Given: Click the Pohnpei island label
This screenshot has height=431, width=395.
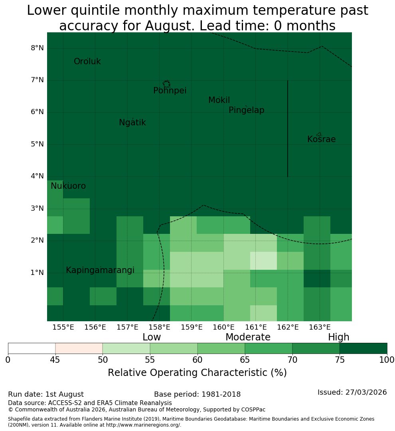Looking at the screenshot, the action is pyautogui.click(x=170, y=91).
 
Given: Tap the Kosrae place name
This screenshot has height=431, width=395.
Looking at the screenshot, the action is pyautogui.click(x=321, y=139).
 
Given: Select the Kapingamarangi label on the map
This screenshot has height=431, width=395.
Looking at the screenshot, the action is pyautogui.click(x=100, y=270).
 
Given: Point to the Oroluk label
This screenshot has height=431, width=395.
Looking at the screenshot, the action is pyautogui.click(x=87, y=61).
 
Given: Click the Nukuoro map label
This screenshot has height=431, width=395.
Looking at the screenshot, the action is pyautogui.click(x=68, y=186).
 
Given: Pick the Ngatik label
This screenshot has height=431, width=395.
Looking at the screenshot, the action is pyautogui.click(x=132, y=123).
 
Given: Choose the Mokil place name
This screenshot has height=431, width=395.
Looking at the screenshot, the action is pyautogui.click(x=219, y=100).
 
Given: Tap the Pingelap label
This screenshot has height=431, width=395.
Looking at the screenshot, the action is pyautogui.click(x=246, y=110).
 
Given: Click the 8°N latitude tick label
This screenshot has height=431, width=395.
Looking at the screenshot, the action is pyautogui.click(x=37, y=48).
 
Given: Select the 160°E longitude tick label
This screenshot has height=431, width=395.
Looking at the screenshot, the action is pyautogui.click(x=224, y=327).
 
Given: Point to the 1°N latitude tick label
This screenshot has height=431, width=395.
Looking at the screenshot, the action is pyautogui.click(x=37, y=273).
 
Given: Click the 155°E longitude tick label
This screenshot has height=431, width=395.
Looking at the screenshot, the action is pyautogui.click(x=63, y=327).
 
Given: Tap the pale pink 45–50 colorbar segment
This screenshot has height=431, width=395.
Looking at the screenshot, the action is pyautogui.click(x=79, y=348).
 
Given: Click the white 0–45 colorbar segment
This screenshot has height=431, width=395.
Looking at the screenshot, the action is pyautogui.click(x=32, y=348).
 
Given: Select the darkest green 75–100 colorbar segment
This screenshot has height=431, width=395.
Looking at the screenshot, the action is pyautogui.click(x=363, y=348).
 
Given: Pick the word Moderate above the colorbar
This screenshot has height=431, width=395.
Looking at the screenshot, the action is pyautogui.click(x=248, y=337).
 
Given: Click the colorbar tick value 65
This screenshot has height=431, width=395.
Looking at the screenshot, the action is pyautogui.click(x=245, y=360).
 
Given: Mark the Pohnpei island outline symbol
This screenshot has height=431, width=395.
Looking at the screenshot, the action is pyautogui.click(x=166, y=84).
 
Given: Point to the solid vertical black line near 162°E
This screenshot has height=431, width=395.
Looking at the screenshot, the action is pyautogui.click(x=288, y=129).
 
